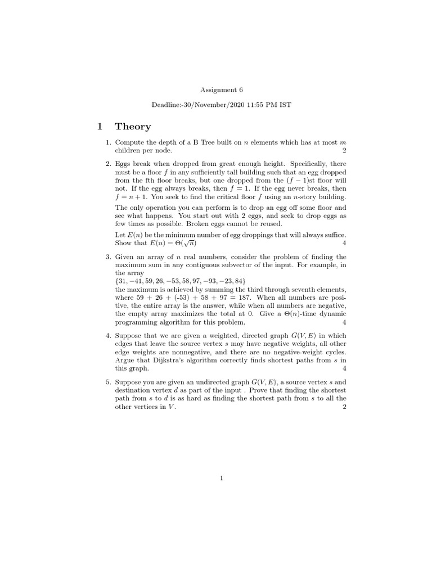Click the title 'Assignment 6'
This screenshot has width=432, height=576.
[x=222, y=89]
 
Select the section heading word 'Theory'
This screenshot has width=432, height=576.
[x=133, y=127]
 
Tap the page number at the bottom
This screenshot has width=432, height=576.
[x=222, y=478]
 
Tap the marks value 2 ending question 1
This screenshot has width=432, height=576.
[x=344, y=151]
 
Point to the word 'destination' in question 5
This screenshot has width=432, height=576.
[x=133, y=390]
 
